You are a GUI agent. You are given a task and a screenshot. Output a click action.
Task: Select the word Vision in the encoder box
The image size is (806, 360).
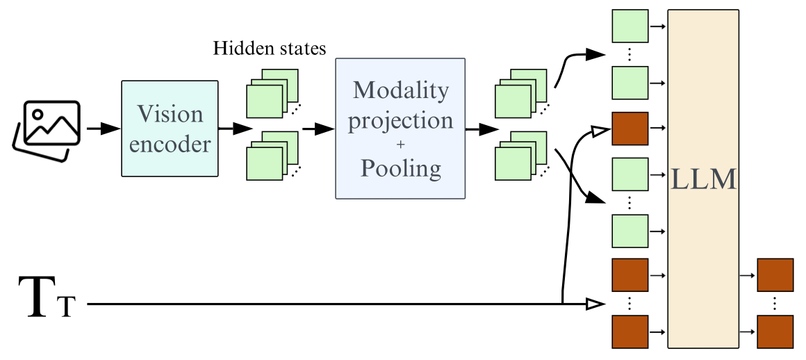(170, 114)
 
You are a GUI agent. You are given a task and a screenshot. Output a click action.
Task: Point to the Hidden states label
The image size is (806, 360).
(270, 49)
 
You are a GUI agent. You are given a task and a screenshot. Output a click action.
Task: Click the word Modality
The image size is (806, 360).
(400, 90)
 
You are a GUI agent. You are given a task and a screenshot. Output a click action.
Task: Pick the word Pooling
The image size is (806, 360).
(400, 169)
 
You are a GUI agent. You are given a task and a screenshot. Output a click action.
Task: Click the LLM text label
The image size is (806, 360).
(702, 180)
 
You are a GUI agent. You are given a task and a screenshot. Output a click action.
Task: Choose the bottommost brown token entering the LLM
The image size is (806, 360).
(630, 332)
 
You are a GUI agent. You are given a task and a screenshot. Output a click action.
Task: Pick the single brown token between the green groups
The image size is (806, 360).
(630, 129)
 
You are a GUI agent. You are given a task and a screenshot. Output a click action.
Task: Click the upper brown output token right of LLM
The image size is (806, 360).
(775, 275)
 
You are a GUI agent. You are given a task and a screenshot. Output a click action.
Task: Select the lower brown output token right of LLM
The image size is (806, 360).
(775, 332)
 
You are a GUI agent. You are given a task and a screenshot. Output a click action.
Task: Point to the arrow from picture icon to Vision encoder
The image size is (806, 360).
(101, 129)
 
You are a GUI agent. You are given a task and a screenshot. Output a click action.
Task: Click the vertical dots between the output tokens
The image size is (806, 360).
(775, 304)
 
